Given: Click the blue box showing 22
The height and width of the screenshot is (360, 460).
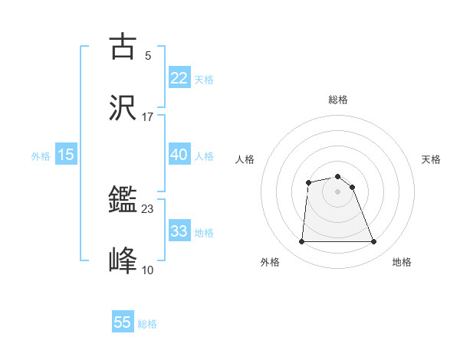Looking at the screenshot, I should [179, 78].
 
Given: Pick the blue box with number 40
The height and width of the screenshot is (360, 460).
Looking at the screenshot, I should [179, 155].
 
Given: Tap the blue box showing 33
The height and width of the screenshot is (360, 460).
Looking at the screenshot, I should [179, 231].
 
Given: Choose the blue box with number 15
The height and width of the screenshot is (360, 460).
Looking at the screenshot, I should [66, 155].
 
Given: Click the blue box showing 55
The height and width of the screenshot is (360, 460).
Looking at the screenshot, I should [123, 322].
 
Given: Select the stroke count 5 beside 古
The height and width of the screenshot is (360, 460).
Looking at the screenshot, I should [148, 56].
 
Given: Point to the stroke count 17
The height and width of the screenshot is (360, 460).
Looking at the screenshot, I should [148, 117].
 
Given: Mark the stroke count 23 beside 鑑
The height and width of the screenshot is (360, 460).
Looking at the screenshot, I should [148, 208].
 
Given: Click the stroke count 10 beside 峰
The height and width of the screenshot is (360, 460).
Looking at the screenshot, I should [148, 270].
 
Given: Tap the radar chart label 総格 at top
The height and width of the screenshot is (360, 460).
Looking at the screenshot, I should [338, 100].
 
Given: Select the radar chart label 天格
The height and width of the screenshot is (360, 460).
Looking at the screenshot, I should [431, 159].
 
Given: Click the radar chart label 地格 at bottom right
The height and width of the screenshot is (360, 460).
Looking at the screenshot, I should [402, 262].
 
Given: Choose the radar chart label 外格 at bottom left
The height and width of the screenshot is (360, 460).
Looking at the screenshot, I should [270, 262].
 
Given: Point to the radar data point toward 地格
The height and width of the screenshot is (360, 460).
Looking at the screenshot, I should [374, 242].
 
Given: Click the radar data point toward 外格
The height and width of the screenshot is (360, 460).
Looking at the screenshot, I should [301, 242].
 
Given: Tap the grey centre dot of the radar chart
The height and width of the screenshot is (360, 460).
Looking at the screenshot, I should [337, 191].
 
